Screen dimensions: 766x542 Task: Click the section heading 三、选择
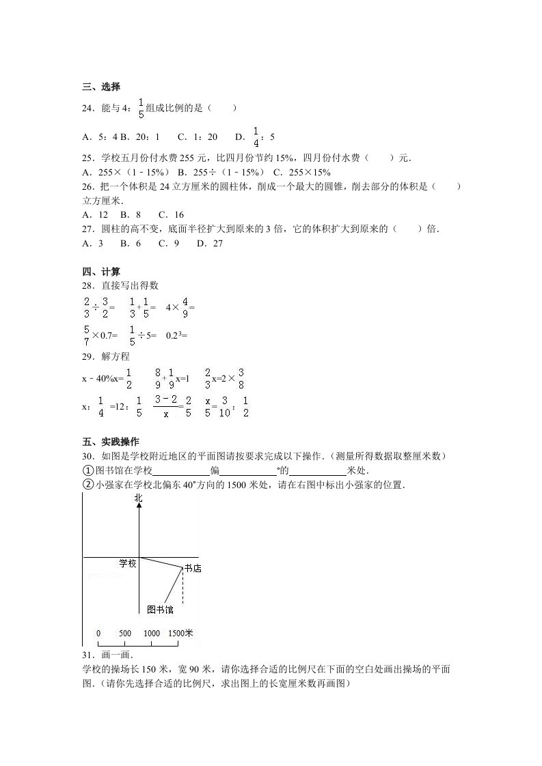[101, 87]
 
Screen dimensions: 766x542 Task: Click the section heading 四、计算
[101, 272]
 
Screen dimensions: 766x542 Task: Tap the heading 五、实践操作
[110, 442]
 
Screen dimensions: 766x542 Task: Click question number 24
[87, 107]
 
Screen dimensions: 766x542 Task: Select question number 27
[87, 229]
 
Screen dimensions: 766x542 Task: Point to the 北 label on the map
[139, 499]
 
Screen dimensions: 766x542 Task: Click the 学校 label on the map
[128, 563]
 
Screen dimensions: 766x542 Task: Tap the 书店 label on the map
[193, 568]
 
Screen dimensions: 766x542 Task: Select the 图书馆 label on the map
[161, 609]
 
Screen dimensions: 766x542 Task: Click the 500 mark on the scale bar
[125, 634]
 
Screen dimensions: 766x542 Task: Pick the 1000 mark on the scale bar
[152, 634]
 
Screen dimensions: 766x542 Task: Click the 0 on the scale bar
[98, 634]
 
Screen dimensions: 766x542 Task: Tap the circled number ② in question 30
[87, 485]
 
